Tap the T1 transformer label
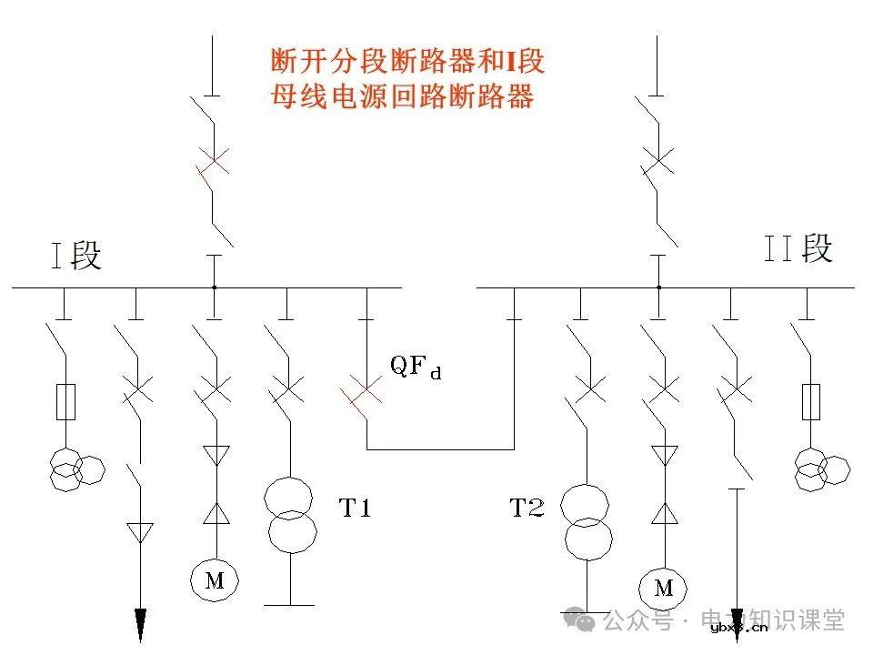pyautogui.click(x=355, y=509)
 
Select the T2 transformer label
pyautogui.click(x=527, y=509)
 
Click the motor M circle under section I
pyautogui.click(x=214, y=579)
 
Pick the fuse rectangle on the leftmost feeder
pyautogui.click(x=65, y=401)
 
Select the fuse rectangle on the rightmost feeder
pyautogui.click(x=810, y=401)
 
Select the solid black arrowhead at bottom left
pyautogui.click(x=140, y=625)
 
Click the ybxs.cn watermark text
pyautogui.click(x=738, y=627)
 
